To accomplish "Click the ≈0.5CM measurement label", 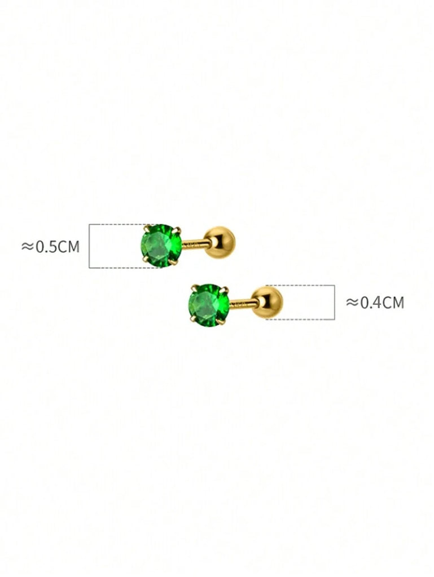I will tap(50, 246).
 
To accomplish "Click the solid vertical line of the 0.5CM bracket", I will tap(90, 246).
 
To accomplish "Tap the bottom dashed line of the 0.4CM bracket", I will tap(299, 319).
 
